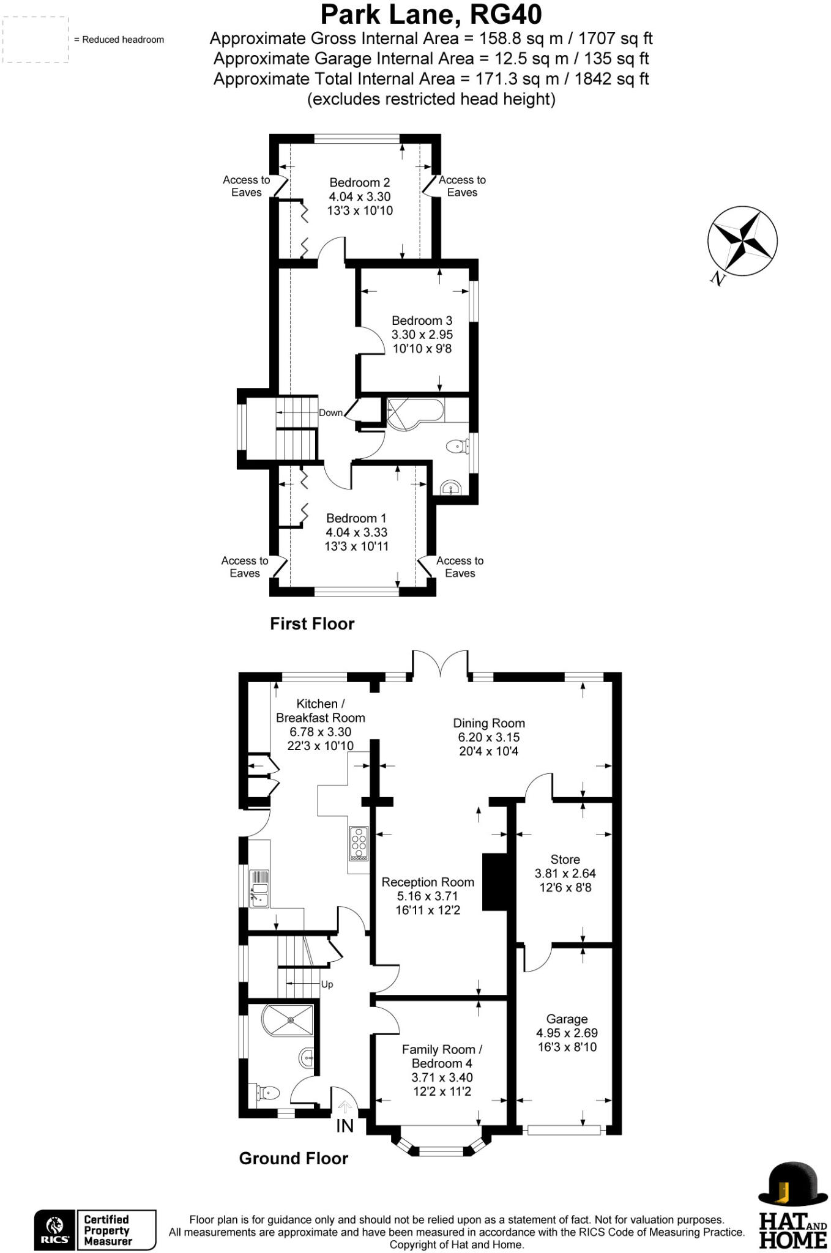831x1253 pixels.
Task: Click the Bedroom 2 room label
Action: [359, 182]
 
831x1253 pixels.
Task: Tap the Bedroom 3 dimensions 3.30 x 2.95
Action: [422, 335]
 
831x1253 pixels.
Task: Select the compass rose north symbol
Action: [742, 241]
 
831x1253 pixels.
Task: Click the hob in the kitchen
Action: [359, 844]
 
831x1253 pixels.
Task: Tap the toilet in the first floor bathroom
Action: [456, 447]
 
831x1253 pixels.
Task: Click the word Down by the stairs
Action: [330, 413]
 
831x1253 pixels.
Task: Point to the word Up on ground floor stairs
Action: [327, 984]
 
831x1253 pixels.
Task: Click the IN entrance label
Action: [345, 1126]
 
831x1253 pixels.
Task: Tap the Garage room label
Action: [567, 1019]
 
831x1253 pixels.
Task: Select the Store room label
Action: [565, 859]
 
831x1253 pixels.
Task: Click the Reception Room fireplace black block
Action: [496, 882]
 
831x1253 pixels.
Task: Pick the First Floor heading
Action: [312, 623]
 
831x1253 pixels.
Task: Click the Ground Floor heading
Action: [293, 1158]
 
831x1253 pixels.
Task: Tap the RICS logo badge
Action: [55, 1230]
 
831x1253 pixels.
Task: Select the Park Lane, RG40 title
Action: [431, 14]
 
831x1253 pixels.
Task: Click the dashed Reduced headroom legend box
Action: [35, 39]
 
